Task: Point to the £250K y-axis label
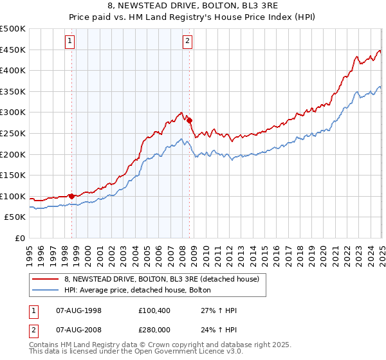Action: [13, 133]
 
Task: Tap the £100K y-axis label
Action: [13, 196]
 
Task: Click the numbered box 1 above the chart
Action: [69, 42]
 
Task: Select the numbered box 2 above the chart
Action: [187, 42]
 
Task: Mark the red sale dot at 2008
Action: [190, 120]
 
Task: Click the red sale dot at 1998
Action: [71, 195]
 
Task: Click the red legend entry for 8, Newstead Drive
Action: [161, 279]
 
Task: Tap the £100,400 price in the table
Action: [152, 310]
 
